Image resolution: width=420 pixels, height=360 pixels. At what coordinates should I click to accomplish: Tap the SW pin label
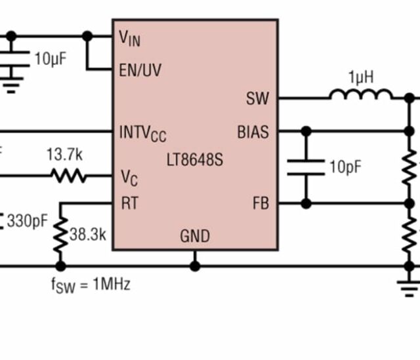257,98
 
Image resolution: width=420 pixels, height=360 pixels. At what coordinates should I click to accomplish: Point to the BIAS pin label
253,132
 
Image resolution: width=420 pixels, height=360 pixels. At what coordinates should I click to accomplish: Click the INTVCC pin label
142,133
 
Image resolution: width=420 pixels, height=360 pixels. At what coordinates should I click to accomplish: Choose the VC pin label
129,177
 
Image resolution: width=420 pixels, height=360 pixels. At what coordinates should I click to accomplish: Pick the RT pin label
129,203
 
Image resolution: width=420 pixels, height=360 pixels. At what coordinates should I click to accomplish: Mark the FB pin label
261,203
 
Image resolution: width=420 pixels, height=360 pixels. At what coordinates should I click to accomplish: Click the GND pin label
195,236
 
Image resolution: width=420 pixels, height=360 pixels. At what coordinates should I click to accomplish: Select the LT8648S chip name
194,159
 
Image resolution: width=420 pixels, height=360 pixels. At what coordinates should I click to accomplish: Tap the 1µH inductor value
361,77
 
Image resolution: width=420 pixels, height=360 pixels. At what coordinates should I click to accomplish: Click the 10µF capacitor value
50,59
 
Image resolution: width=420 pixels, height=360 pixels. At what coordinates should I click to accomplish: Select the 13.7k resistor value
64,155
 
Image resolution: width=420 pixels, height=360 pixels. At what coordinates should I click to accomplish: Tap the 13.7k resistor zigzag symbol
68,176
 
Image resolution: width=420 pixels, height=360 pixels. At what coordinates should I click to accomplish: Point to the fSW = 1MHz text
91,285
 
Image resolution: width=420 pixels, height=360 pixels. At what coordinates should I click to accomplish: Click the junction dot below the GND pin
195,266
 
